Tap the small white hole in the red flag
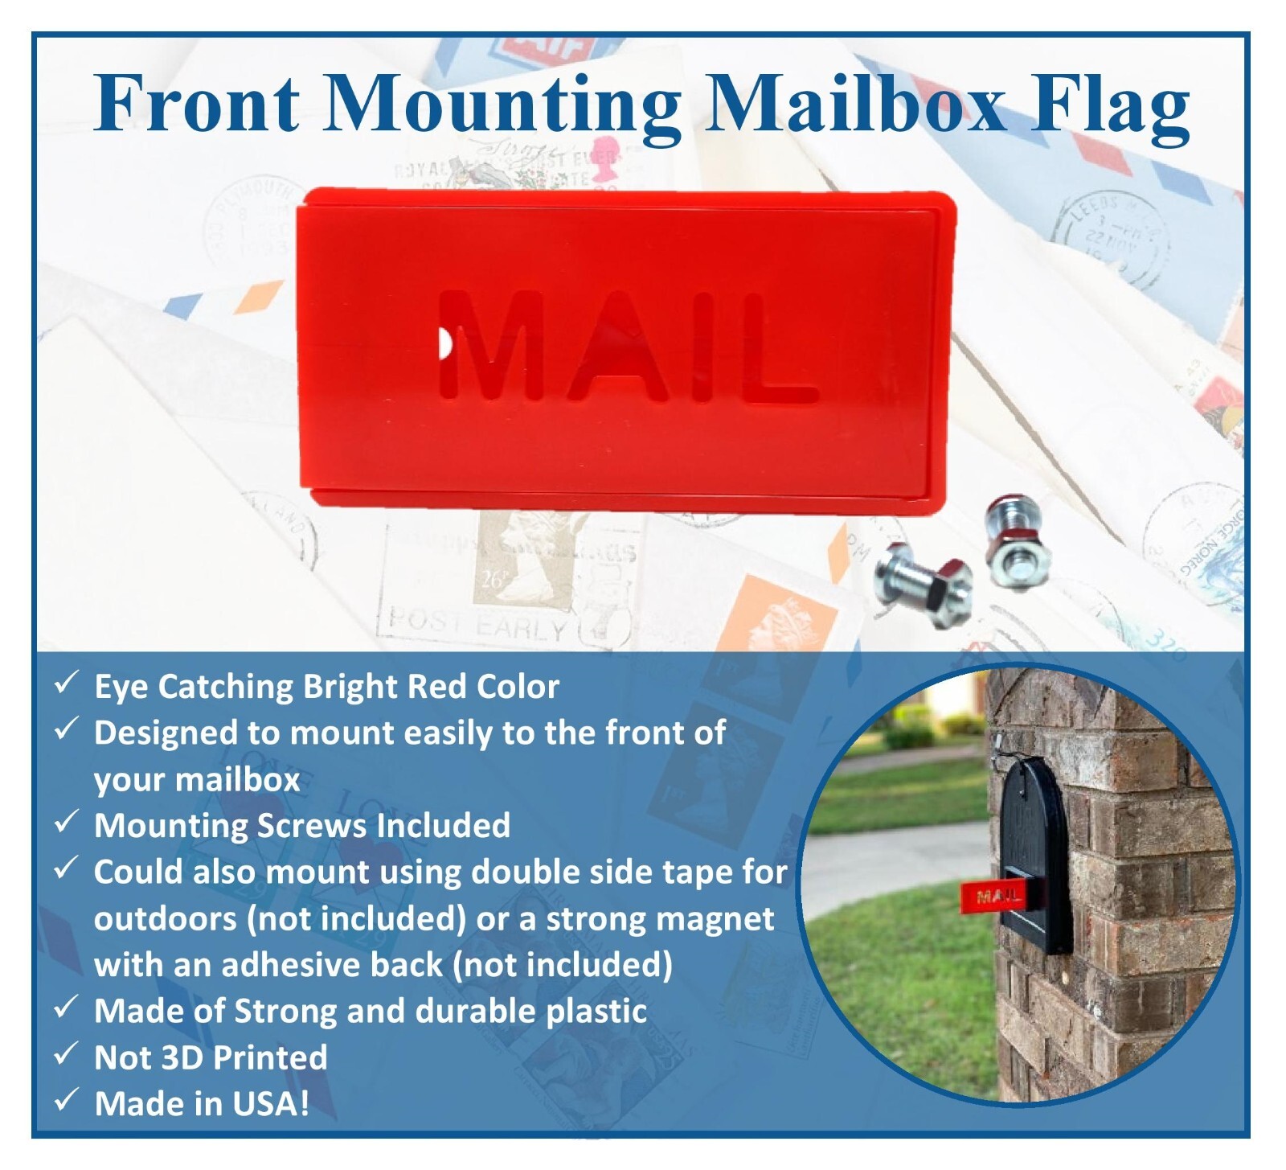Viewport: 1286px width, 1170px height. (444, 345)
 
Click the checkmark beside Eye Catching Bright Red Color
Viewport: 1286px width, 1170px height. (66, 684)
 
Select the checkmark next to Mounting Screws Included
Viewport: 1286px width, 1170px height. (66, 823)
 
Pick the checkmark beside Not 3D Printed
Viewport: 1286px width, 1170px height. (66, 1054)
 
